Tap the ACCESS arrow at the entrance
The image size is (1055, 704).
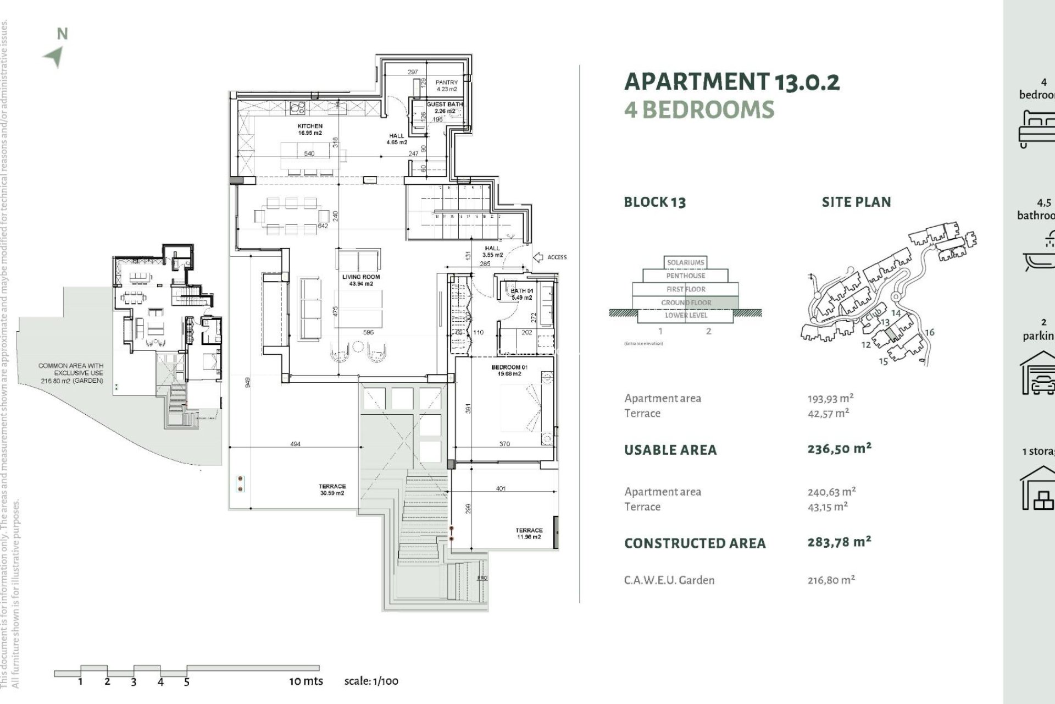[538, 257]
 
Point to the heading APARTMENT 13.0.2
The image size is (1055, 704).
[732, 82]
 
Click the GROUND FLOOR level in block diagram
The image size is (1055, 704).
[686, 302]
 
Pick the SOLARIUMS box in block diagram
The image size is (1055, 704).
[685, 262]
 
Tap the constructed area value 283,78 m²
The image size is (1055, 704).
[839, 542]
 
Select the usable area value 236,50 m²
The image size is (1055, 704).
[839, 449]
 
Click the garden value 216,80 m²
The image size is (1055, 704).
[831, 580]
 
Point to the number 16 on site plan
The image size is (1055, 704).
[929, 332]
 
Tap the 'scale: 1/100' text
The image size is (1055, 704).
[371, 681]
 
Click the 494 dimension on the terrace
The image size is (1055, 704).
[295, 444]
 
